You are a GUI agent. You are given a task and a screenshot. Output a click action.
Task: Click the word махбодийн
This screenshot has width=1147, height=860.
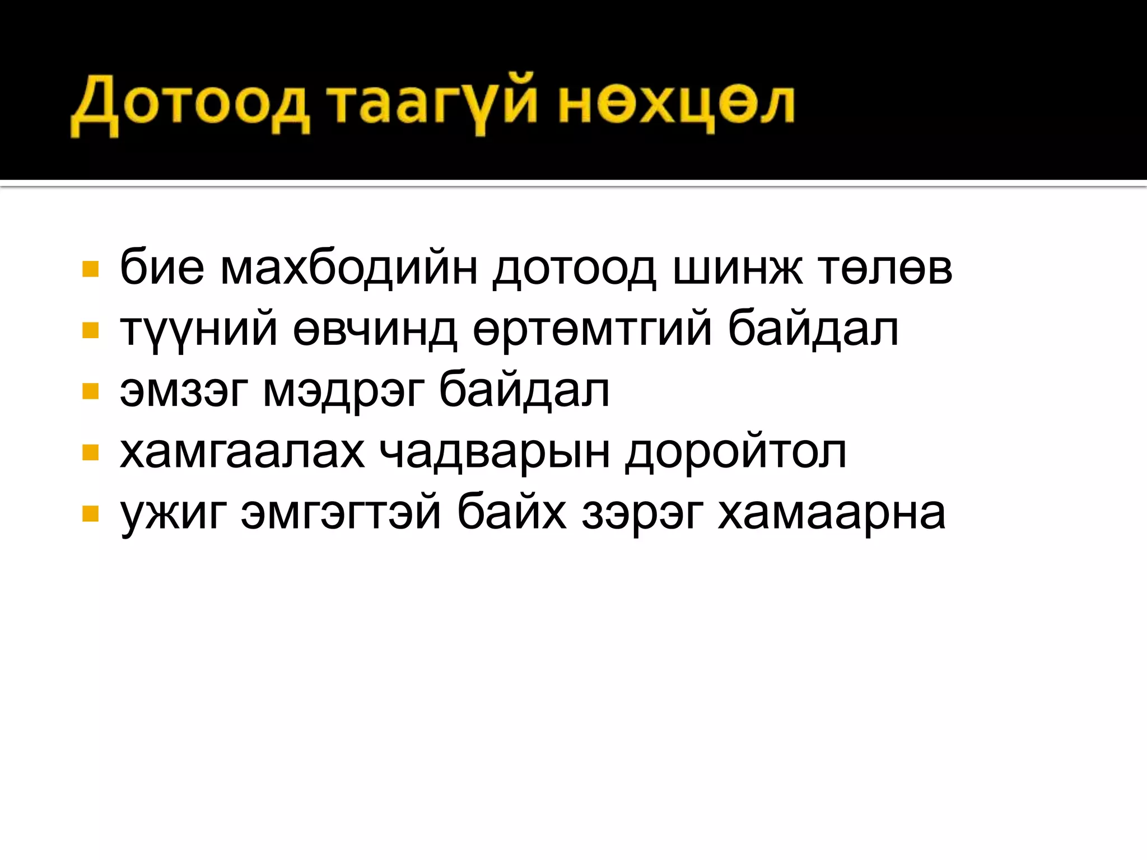pyautogui.click(x=349, y=268)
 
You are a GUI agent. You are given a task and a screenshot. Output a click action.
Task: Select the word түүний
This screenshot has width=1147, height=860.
pyautogui.click(x=199, y=330)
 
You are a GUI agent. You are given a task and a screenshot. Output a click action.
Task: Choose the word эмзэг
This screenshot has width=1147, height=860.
pyautogui.click(x=184, y=391)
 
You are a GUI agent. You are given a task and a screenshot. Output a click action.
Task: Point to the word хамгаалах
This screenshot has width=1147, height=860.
pyautogui.click(x=242, y=452)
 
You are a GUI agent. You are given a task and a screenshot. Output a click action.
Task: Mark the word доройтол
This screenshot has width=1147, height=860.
pyautogui.click(x=735, y=452)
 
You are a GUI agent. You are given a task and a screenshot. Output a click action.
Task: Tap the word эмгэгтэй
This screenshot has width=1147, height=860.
pyautogui.click(x=341, y=513)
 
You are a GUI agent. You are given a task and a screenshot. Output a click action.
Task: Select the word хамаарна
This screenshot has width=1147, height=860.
pyautogui.click(x=832, y=513)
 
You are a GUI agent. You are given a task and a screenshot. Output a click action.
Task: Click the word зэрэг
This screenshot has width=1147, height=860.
pyautogui.click(x=642, y=513)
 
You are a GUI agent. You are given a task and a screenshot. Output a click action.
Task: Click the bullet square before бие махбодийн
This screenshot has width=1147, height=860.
pyautogui.click(x=90, y=269)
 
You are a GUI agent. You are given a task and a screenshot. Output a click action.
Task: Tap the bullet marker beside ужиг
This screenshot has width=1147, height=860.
pyautogui.click(x=90, y=513)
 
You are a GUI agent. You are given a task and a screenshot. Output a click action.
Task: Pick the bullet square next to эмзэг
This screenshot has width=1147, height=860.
pyautogui.click(x=90, y=391)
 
